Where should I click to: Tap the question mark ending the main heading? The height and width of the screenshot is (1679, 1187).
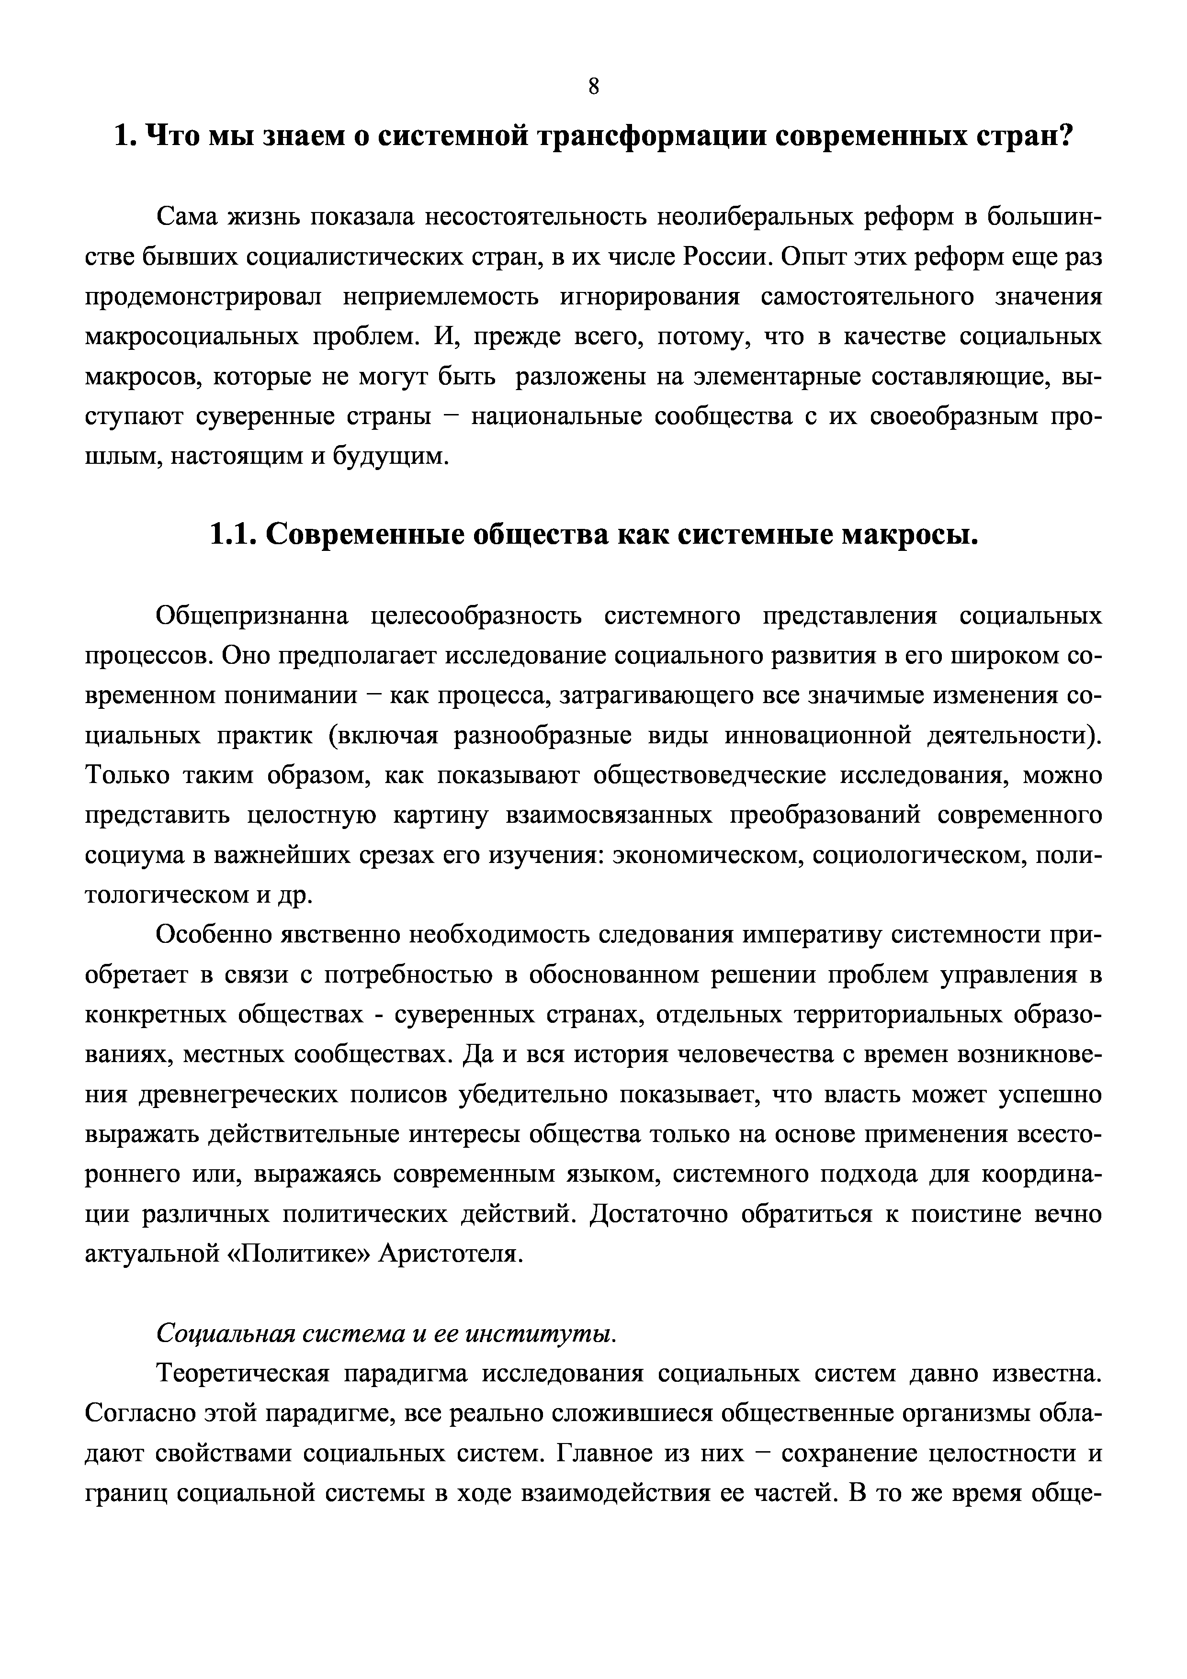pos(1064,137)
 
